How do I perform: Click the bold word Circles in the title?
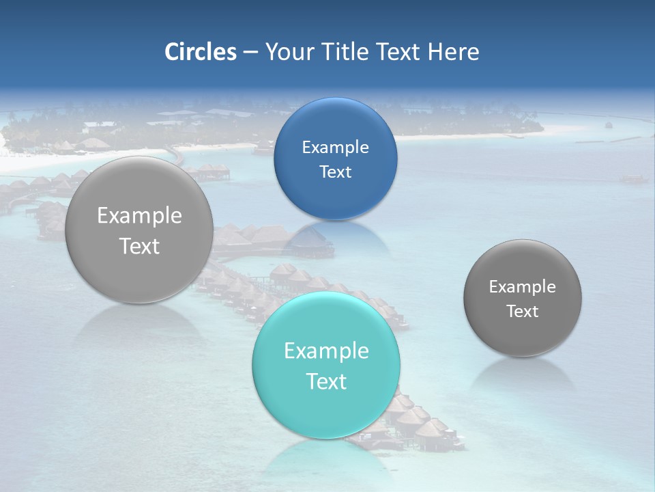201,52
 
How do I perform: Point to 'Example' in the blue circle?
336,147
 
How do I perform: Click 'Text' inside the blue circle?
336,172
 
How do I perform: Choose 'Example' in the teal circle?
326,351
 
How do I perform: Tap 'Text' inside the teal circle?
326,381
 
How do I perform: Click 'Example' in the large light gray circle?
139,216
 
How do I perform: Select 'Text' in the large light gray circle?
139,246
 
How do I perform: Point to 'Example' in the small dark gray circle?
523,287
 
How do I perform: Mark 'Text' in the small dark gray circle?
523,312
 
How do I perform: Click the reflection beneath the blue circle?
336,236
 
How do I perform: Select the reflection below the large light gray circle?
139,325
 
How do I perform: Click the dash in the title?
250,52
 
